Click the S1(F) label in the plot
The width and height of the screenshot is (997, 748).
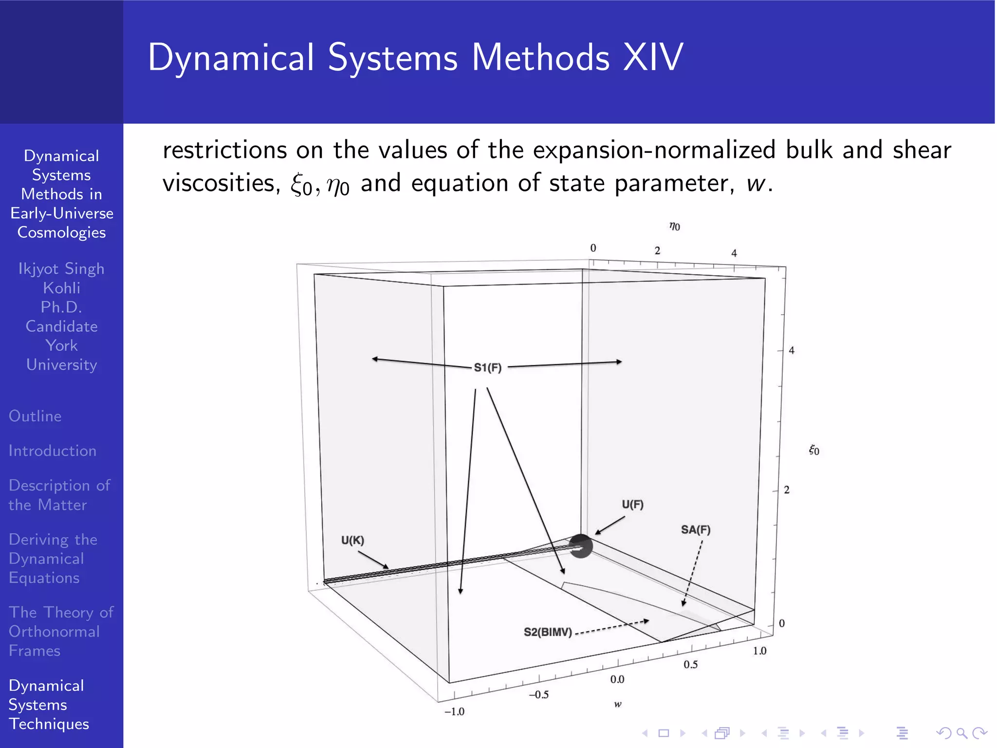[487, 368]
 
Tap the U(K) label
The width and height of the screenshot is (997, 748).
[352, 540]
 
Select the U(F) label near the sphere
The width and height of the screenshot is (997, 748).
[632, 505]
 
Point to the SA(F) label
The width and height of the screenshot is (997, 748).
[695, 530]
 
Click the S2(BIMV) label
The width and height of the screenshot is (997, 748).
[548, 632]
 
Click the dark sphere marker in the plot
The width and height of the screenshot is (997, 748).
[580, 546]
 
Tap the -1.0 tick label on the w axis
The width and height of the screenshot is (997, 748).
[454, 711]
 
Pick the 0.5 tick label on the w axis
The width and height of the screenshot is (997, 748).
[690, 665]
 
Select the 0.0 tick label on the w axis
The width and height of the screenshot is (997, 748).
[617, 679]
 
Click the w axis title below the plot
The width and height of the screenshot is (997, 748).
[617, 704]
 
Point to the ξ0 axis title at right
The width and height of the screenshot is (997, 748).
[814, 450]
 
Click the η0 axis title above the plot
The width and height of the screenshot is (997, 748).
[674, 226]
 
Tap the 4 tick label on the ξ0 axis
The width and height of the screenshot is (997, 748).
[792, 350]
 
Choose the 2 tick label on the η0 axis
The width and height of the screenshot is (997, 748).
[657, 250]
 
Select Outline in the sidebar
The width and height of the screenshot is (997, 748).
[35, 416]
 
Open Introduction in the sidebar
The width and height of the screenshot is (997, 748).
[53, 450]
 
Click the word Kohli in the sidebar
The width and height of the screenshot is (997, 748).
[61, 288]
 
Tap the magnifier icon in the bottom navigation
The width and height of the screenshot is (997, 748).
[961, 733]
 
